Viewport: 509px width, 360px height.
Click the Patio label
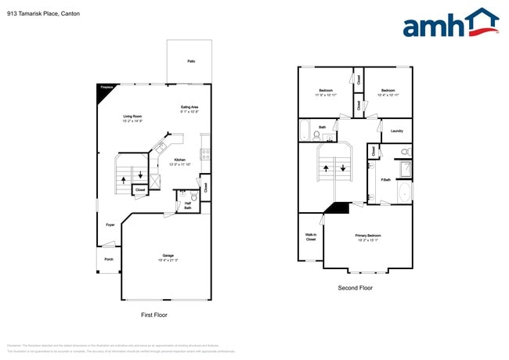tap(191, 61)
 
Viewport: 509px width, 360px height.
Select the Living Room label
tap(132, 116)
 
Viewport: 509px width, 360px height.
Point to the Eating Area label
tap(190, 107)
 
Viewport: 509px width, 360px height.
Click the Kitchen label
tap(179, 160)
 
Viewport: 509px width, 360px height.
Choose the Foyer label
tap(110, 225)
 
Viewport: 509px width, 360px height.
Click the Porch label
tap(109, 259)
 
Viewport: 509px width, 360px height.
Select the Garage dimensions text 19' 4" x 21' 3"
tap(168, 260)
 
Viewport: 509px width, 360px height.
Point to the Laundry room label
tap(396, 131)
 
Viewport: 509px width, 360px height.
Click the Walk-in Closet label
tap(310, 237)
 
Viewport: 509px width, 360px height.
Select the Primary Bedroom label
tap(368, 236)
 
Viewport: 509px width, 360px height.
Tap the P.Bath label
tap(386, 181)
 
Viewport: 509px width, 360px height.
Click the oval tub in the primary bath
tap(404, 193)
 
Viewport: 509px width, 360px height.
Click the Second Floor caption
tap(355, 288)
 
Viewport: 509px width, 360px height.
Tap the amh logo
tap(449, 23)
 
